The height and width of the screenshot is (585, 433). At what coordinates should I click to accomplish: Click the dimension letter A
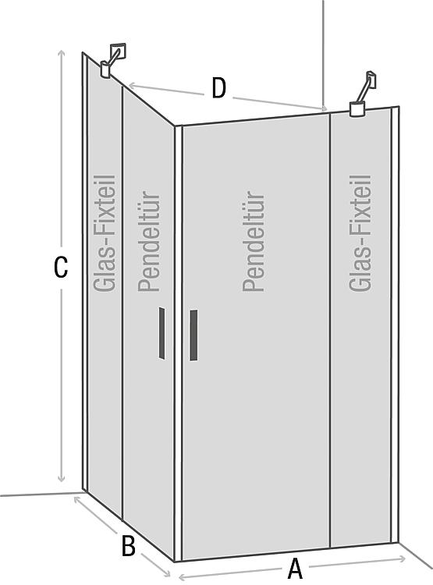click(295, 569)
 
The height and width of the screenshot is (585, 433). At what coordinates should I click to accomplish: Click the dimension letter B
click(129, 545)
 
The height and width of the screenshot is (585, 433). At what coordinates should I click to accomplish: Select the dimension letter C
click(61, 267)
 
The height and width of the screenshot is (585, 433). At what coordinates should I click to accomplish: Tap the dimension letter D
click(218, 88)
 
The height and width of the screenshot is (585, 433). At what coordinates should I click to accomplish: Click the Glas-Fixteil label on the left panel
click(105, 233)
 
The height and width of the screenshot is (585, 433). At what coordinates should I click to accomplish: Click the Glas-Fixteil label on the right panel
click(360, 233)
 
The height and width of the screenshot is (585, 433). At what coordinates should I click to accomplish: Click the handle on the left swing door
click(161, 333)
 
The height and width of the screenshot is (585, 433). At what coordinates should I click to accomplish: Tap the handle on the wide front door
click(193, 335)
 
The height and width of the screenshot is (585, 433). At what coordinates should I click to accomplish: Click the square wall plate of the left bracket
click(119, 51)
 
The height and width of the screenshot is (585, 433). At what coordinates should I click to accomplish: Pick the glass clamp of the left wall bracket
click(105, 69)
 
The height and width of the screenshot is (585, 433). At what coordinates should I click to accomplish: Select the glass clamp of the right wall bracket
click(357, 109)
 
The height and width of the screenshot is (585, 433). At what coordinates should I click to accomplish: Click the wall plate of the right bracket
click(371, 80)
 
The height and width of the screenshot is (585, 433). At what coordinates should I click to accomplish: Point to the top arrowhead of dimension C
click(61, 53)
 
